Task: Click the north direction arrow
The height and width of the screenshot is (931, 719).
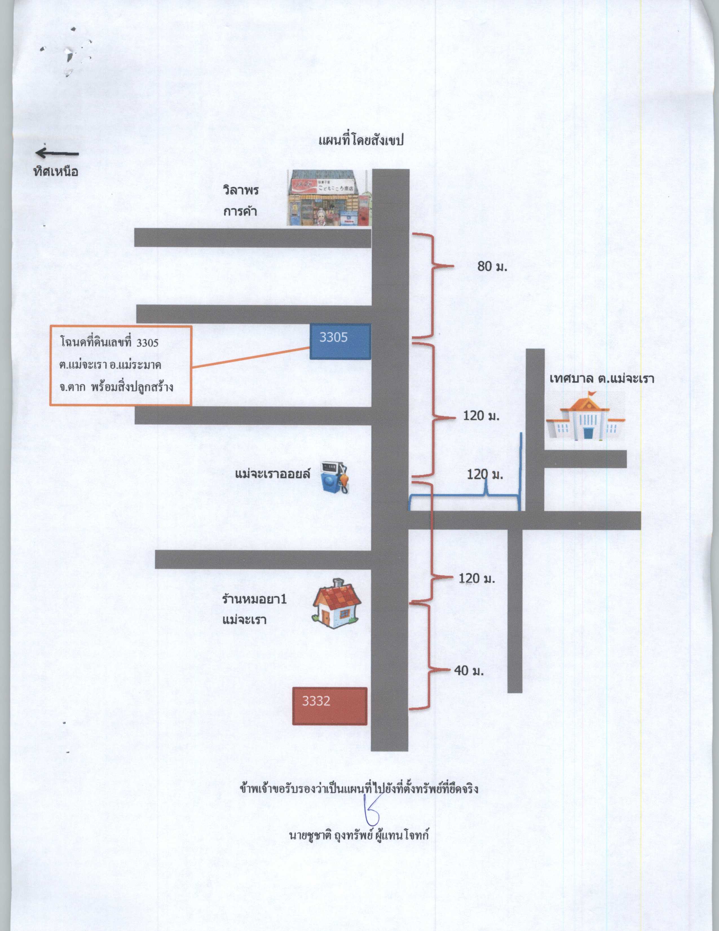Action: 57,153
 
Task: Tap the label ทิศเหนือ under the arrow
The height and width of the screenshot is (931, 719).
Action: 56,171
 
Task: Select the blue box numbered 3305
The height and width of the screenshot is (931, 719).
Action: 340,341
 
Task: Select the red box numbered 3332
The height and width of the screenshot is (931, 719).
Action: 330,706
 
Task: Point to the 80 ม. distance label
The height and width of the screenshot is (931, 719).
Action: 492,266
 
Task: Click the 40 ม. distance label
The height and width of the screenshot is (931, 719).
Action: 469,671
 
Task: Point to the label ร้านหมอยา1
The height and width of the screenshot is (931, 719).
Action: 254,599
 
